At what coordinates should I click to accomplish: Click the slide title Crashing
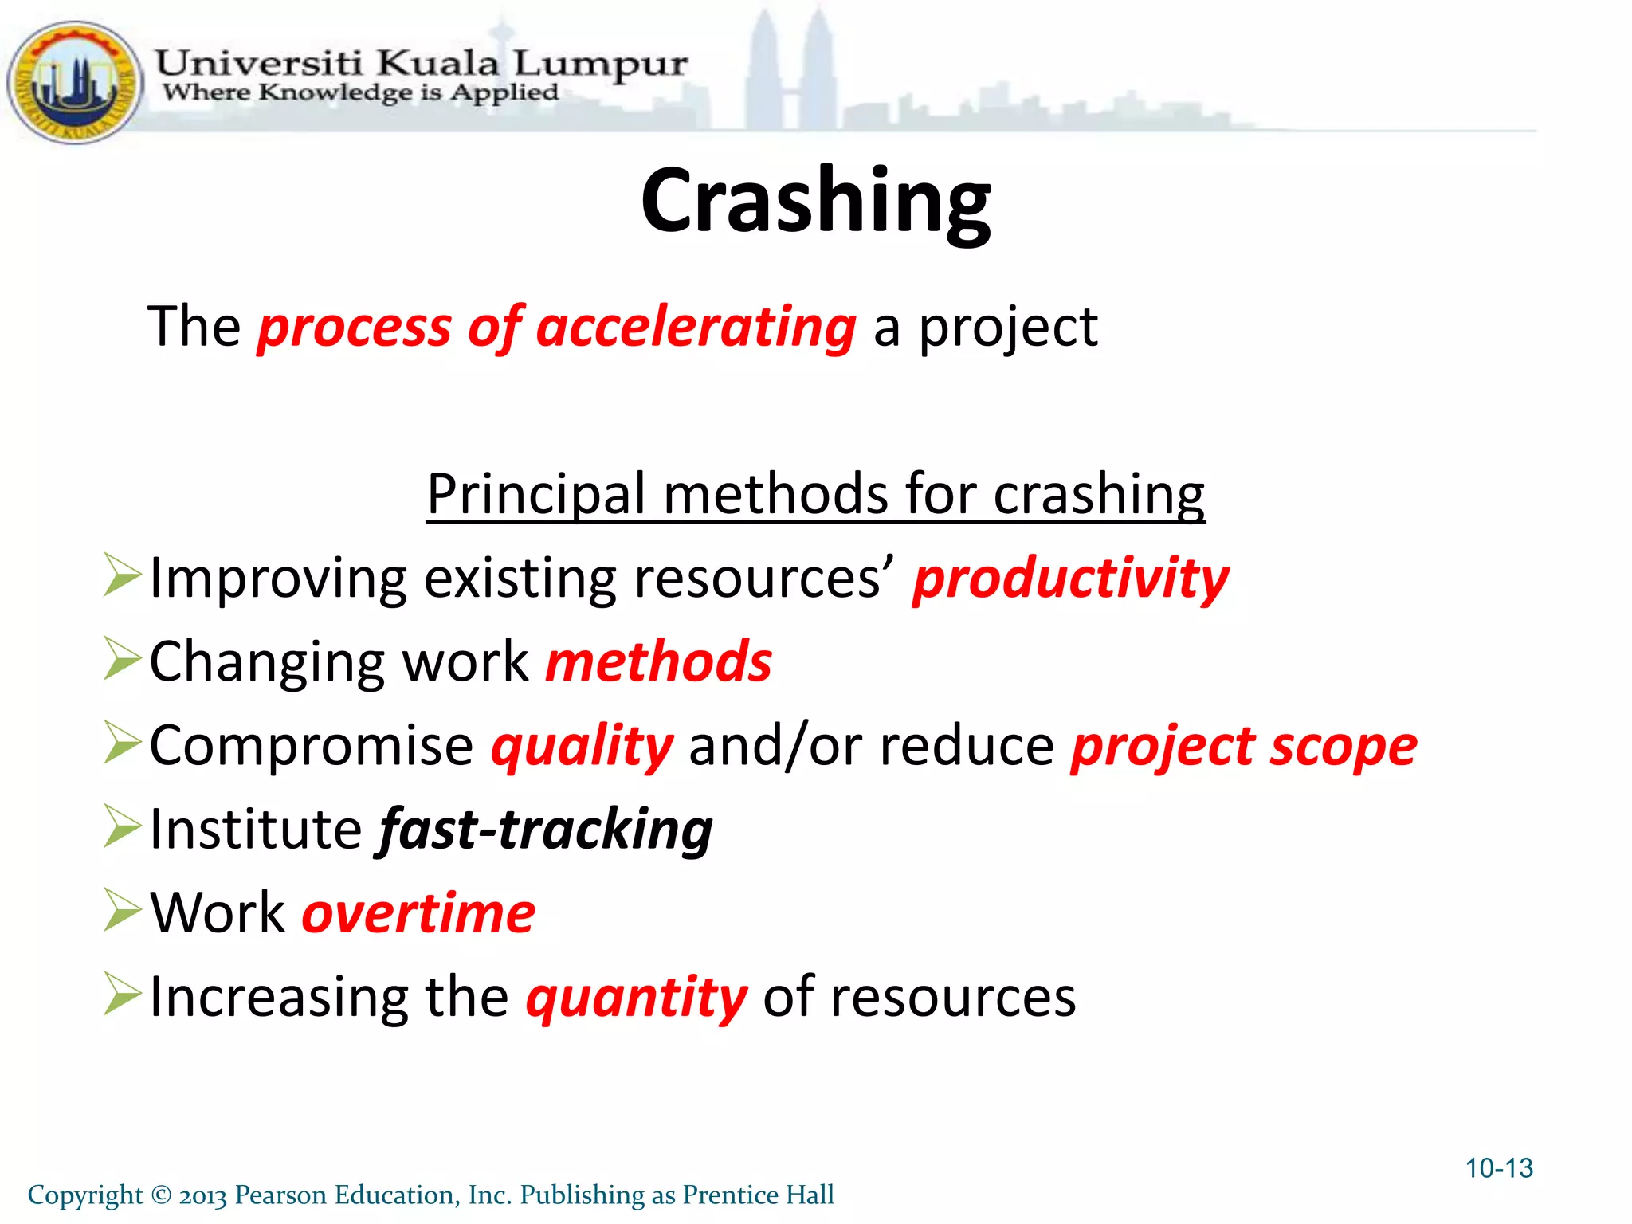815,201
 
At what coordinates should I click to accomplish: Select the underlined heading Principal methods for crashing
815,495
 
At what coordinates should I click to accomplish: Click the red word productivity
1070,579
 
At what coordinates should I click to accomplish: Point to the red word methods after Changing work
658,662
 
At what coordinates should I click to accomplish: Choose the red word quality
582,747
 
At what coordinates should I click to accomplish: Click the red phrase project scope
1243,747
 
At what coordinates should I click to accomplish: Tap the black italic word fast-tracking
545,830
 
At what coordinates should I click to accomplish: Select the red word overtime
418,913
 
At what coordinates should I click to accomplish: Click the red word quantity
636,998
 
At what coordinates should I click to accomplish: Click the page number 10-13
1498,1168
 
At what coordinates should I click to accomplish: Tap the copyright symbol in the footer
161,1195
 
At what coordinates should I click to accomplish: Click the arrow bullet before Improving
122,575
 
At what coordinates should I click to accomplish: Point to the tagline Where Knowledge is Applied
360,93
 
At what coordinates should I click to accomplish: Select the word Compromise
311,747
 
